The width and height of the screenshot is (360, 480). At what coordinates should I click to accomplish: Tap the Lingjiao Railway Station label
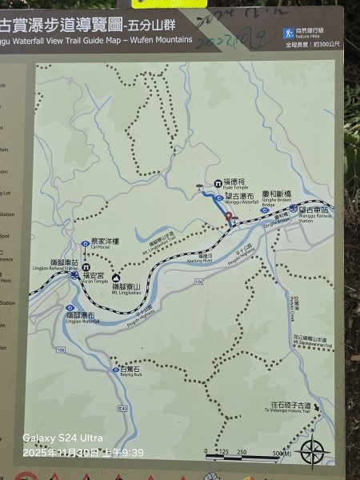click(x=63, y=265)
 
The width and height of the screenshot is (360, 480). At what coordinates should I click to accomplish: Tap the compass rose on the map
click(x=313, y=451)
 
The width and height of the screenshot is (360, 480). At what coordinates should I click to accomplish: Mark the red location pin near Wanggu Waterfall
click(x=229, y=216)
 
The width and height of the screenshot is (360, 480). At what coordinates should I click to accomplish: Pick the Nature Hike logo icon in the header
click(x=289, y=33)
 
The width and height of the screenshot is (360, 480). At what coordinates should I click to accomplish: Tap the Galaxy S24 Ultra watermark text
click(x=63, y=438)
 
